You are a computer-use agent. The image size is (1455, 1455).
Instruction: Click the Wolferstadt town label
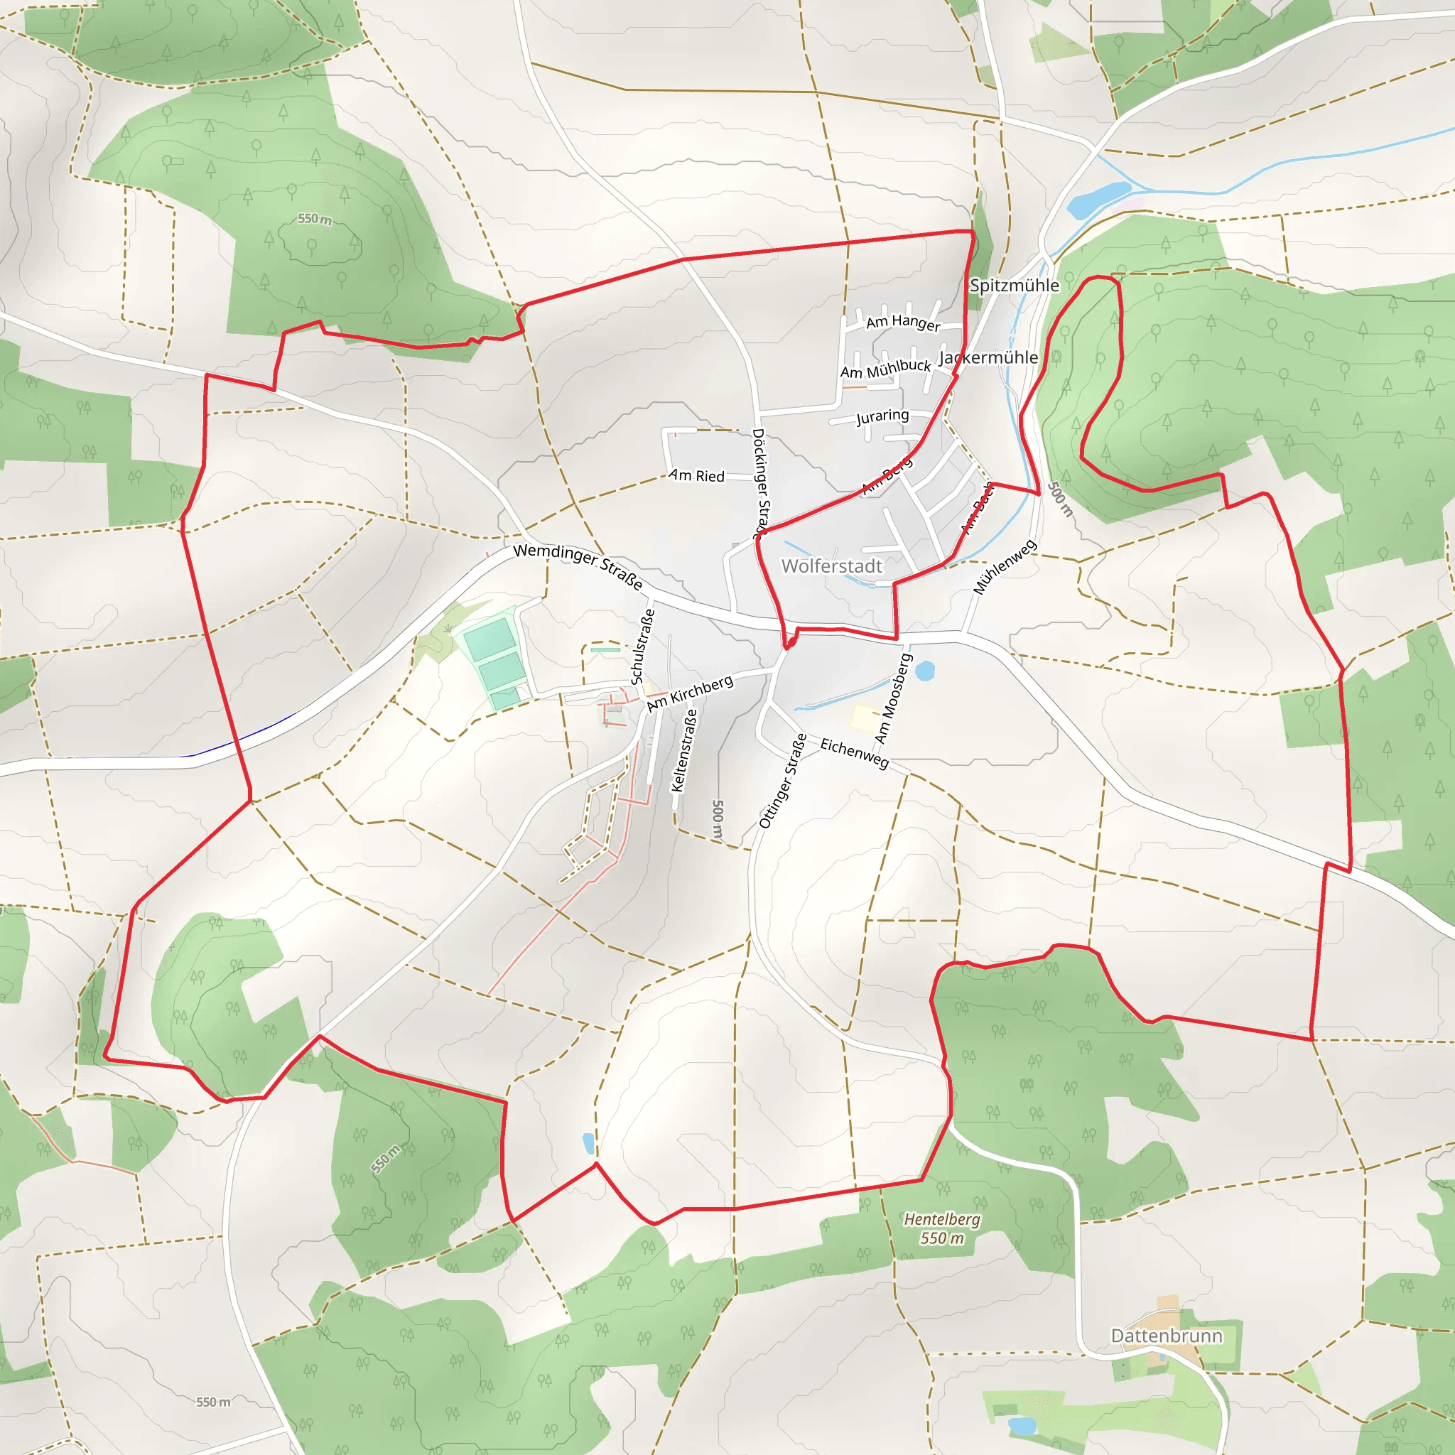[x=831, y=566]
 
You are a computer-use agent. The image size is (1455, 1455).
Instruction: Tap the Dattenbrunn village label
[x=1167, y=1335]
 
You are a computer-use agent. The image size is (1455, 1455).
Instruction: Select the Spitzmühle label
[x=1015, y=286]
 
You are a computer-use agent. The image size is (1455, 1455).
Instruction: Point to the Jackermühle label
[x=988, y=358]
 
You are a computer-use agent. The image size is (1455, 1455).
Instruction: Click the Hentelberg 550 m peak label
[x=942, y=1228]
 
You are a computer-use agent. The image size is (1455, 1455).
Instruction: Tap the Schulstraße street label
[x=642, y=647]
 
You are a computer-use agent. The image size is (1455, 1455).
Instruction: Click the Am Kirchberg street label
[x=690, y=693]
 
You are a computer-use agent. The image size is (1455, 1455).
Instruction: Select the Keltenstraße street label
[x=684, y=750]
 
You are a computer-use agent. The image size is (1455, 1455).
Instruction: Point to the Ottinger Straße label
[x=783, y=780]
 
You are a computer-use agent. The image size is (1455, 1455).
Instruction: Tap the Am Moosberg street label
[x=894, y=698]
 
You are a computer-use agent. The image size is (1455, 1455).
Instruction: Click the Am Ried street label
[x=697, y=476]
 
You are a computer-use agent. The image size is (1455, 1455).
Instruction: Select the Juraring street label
[x=882, y=416]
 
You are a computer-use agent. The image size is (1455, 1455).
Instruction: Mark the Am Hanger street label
[x=903, y=323]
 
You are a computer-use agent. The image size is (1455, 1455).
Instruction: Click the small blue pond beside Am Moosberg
[x=924, y=669]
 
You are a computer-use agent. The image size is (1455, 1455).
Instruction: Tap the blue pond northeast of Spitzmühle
[x=1098, y=199]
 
